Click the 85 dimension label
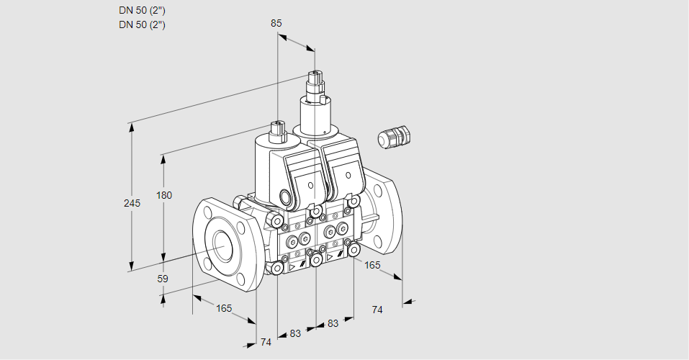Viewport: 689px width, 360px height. [x=276, y=23]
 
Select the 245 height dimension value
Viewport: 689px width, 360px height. [x=132, y=203]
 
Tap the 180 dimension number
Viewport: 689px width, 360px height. [x=164, y=195]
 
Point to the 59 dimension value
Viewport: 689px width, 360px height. [x=163, y=279]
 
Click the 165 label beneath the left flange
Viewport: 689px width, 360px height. [x=224, y=308]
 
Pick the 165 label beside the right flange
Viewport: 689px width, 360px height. [x=372, y=265]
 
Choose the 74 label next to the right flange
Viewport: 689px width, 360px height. [x=377, y=310]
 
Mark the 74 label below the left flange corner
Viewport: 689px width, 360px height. [x=266, y=342]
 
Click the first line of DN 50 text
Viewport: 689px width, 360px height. [x=143, y=11]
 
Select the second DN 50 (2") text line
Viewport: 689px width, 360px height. [x=143, y=24]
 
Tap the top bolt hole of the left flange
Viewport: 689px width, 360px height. [x=207, y=212]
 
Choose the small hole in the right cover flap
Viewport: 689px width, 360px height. [x=348, y=176]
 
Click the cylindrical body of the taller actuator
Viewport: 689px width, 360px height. [x=315, y=115]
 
